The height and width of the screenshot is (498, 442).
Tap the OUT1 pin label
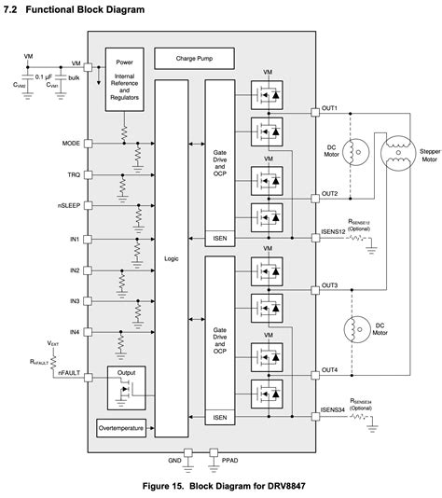329,108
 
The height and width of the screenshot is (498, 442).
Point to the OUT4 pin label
329,369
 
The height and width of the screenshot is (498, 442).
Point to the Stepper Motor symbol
398,153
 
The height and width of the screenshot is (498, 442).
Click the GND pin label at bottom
173,462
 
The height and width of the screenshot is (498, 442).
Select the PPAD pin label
228,462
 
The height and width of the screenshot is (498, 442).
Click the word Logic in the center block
171,258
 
